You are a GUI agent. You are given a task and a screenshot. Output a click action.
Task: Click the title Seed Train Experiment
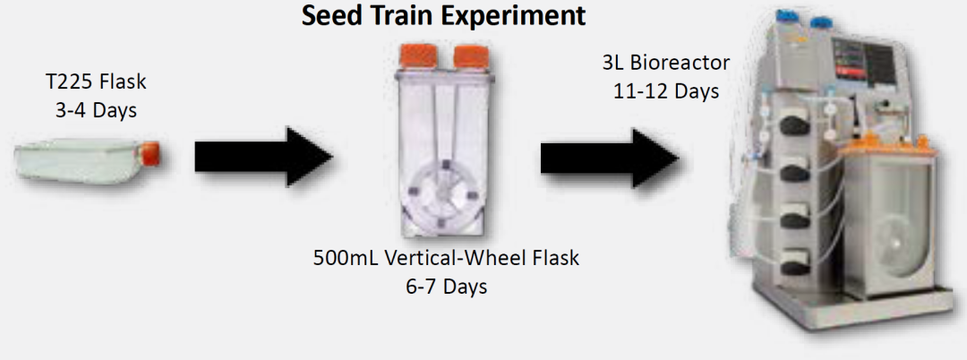coord(443,16)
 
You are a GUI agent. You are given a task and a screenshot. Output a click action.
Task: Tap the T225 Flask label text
coord(97,81)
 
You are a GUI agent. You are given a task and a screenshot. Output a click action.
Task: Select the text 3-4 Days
coord(97,110)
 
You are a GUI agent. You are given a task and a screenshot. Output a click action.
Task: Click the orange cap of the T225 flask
coord(151,153)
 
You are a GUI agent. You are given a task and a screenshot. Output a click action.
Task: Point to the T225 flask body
coord(81,161)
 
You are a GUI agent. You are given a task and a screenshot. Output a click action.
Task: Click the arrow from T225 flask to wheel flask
coord(264,157)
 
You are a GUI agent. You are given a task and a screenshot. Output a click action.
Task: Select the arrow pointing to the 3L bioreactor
coord(610,158)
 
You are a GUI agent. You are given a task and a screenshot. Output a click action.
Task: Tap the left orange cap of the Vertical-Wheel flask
coord(418,56)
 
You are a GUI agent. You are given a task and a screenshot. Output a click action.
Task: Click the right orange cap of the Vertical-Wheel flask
coord(471,57)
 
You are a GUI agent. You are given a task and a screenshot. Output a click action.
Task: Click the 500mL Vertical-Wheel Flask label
coord(447,258)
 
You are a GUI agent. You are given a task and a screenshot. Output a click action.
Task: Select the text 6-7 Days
coord(447,287)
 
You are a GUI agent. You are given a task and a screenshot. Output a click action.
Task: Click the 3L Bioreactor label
coord(665,63)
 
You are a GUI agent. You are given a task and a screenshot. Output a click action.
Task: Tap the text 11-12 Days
coord(666,91)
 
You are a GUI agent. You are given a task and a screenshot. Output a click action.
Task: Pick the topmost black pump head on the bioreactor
coord(794,125)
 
